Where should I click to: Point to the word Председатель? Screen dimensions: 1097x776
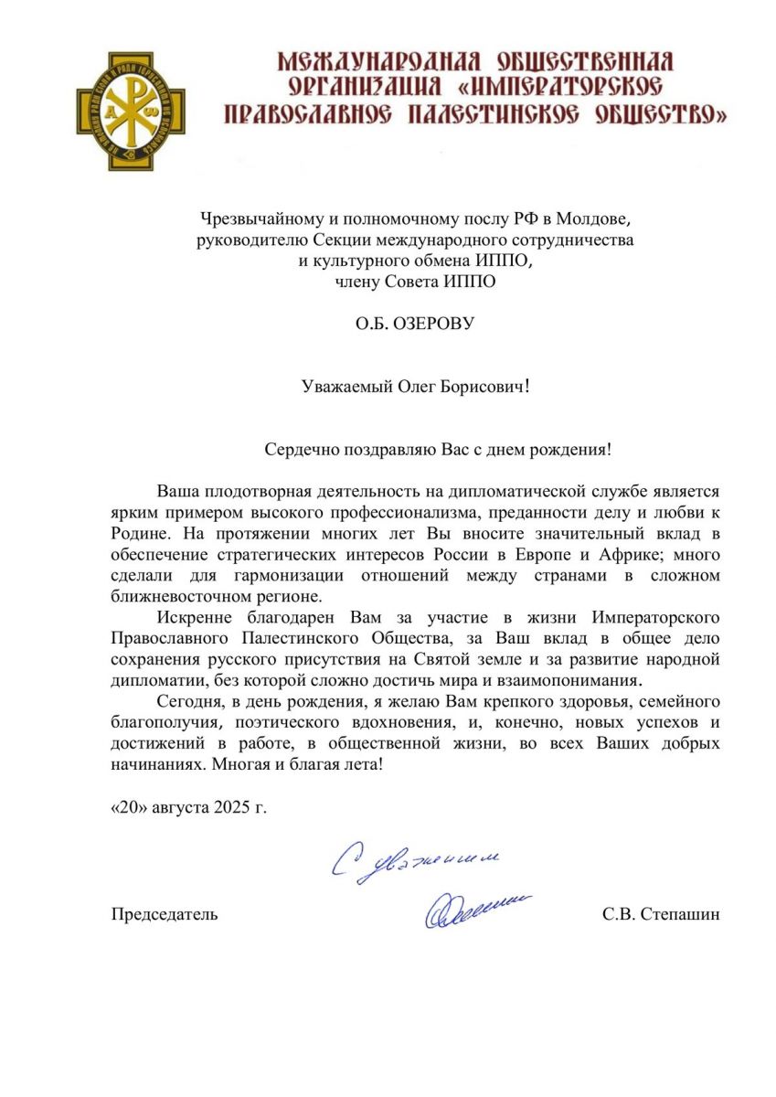(x=164, y=913)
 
